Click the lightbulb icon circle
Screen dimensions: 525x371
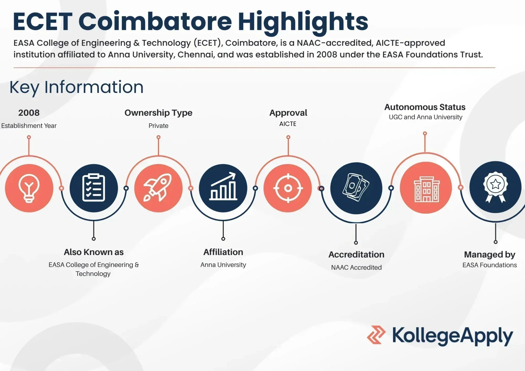[x=29, y=188]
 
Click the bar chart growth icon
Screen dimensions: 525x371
[x=223, y=186]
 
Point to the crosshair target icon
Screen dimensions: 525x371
[x=288, y=188]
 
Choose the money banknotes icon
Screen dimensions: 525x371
[x=356, y=187]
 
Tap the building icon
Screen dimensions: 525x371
[x=427, y=189]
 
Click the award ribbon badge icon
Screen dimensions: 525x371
[x=495, y=187]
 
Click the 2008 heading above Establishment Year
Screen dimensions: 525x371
[x=29, y=113]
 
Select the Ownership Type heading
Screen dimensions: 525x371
[x=158, y=113]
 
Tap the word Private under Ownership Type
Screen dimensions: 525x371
[x=158, y=126]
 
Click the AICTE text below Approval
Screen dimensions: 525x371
[x=288, y=124]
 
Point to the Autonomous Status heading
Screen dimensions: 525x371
[x=425, y=107]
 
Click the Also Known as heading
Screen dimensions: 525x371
[x=94, y=252]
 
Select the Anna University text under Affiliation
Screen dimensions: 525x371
[x=223, y=265]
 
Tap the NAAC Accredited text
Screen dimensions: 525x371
[x=356, y=267]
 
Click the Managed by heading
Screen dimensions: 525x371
[x=490, y=255]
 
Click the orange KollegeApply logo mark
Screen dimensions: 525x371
[x=376, y=335]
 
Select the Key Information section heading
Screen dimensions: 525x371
[x=76, y=87]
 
